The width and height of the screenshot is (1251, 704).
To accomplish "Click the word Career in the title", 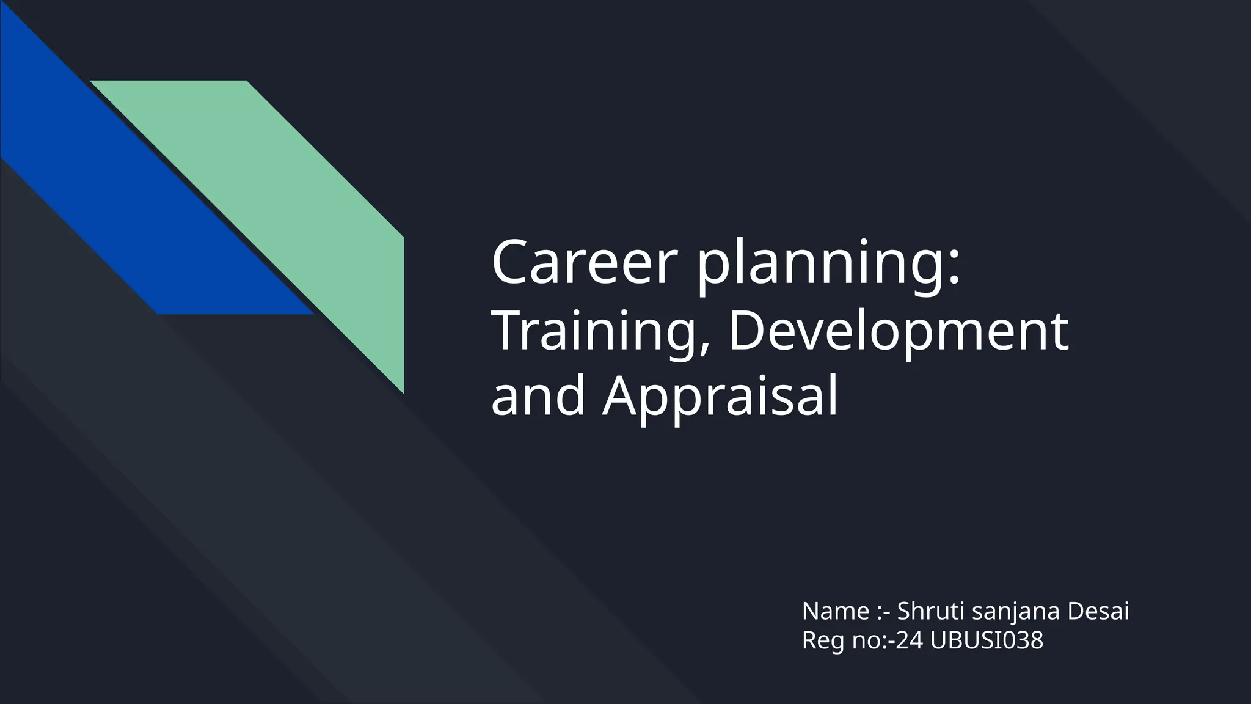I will pos(585,263).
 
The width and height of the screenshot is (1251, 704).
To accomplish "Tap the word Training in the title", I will pos(593,331).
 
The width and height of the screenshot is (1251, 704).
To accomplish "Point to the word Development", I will pos(898,331).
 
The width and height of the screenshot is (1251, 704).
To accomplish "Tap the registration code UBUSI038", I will pos(987,640).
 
